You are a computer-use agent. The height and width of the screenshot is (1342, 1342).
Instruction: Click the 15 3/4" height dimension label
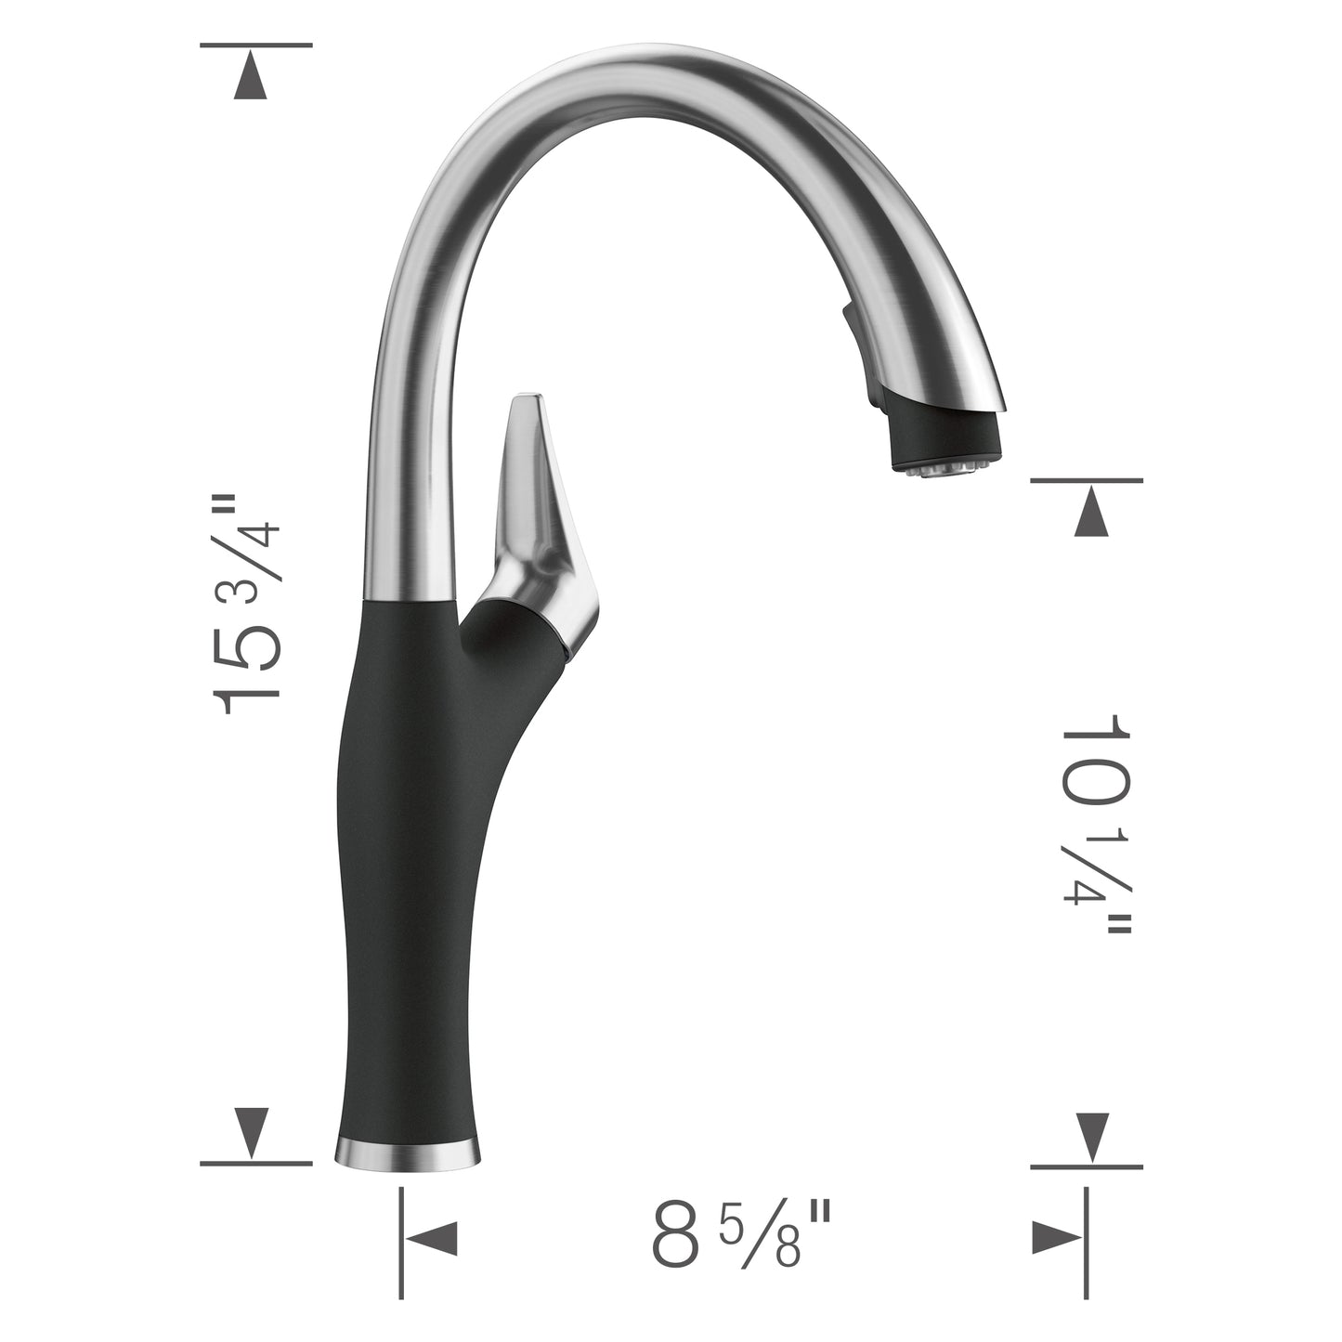pos(246,604)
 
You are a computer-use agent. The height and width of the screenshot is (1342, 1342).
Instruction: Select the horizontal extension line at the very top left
pos(255,45)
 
